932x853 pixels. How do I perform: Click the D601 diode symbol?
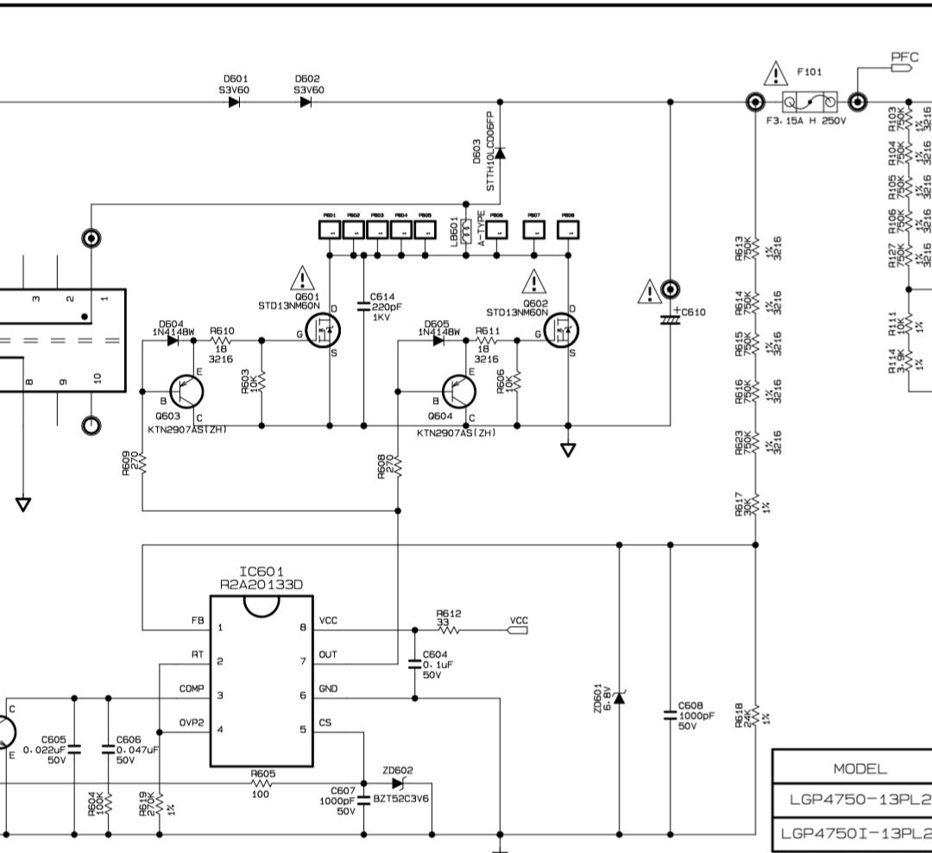click(x=235, y=102)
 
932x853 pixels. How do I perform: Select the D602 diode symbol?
click(x=306, y=102)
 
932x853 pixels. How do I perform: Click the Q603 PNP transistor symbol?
click(x=185, y=392)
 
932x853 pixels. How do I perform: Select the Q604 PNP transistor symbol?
click(x=458, y=392)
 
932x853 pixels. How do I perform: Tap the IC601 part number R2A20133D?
click(x=261, y=584)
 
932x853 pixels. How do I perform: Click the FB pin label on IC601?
click(x=197, y=621)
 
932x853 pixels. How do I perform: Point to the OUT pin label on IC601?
click(x=329, y=655)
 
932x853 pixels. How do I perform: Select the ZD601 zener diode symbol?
click(x=618, y=696)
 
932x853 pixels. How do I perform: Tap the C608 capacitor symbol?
click(x=670, y=715)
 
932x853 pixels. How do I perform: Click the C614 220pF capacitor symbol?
click(x=363, y=306)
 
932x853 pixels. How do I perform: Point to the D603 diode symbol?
click(x=500, y=154)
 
